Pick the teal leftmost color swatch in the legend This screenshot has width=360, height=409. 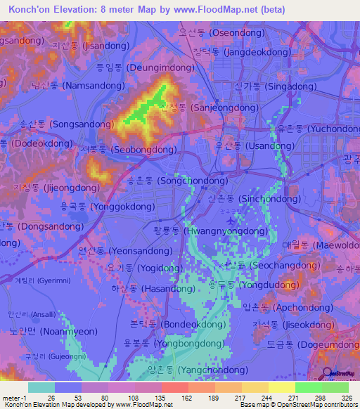click(41, 387)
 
